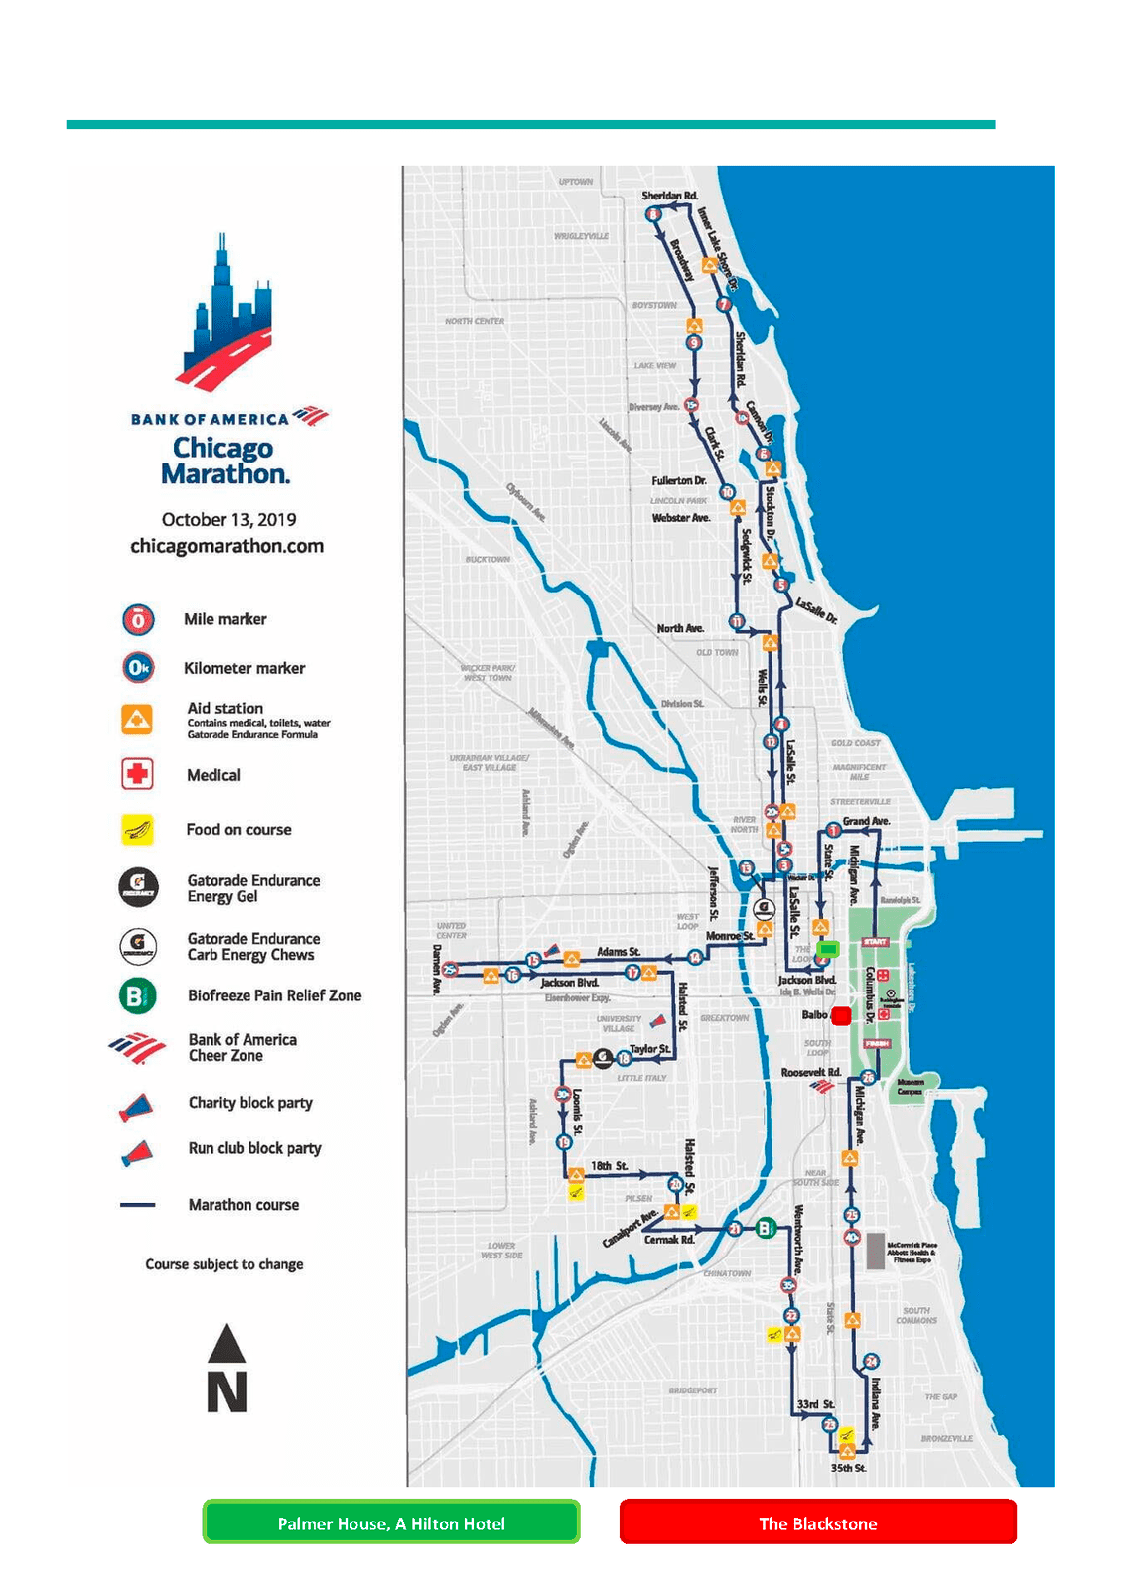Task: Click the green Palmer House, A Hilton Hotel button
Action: pos(390,1522)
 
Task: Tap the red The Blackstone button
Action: pos(817,1522)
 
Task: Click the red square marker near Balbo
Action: pos(841,1015)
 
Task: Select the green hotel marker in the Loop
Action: pos(827,949)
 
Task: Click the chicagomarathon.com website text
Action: pos(226,546)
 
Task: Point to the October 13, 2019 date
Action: pos(228,519)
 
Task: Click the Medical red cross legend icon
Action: pos(137,773)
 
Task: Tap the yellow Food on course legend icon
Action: pos(137,829)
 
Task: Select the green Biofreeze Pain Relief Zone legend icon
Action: pos(137,994)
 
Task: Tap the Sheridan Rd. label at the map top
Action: pos(669,196)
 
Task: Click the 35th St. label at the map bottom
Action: pos(848,1467)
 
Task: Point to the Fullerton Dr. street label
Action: pos(678,480)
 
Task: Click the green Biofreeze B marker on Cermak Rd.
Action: pos(765,1229)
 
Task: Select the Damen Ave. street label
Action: pos(437,969)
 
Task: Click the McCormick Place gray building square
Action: pos(875,1249)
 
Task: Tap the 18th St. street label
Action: pos(609,1165)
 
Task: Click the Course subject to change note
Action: pos(224,1264)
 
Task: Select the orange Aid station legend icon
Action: pos(137,720)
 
